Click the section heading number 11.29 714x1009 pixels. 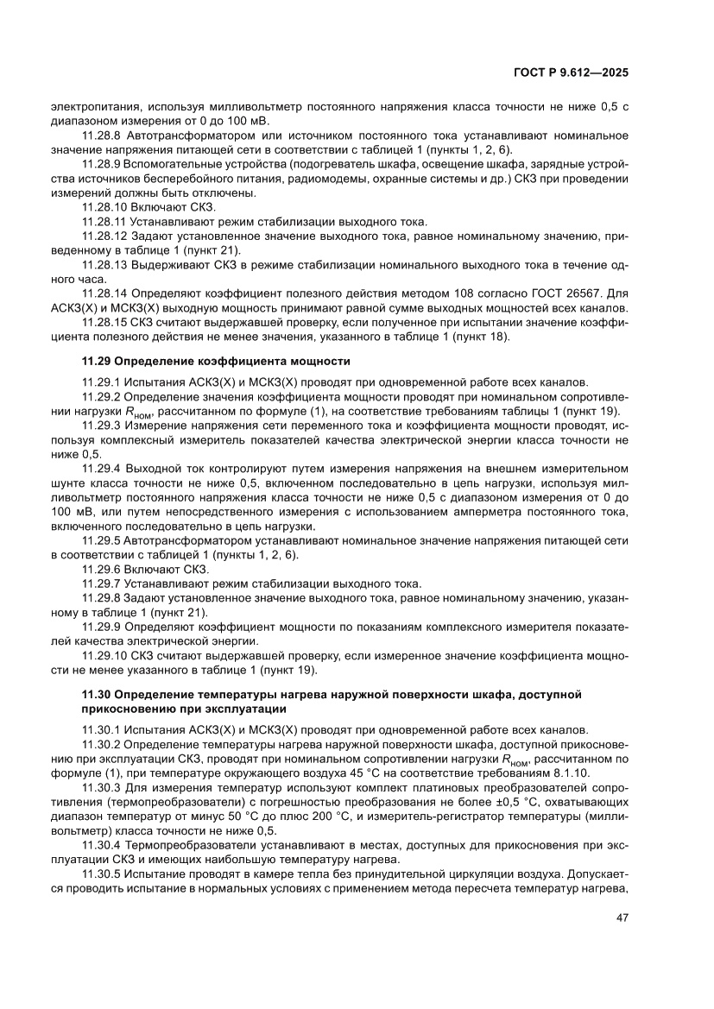tap(97, 359)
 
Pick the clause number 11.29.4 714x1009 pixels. tap(104, 467)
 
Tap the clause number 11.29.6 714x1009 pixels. tap(104, 570)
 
